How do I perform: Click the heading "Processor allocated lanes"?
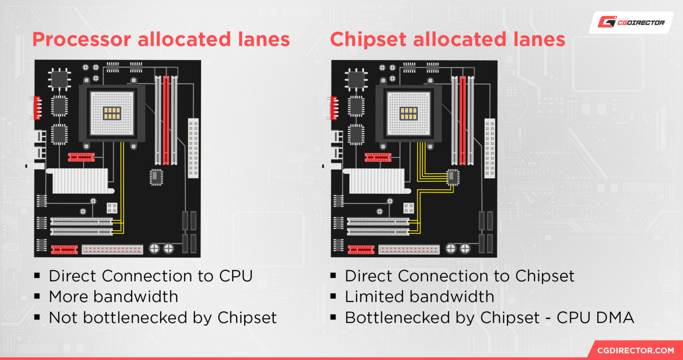161,40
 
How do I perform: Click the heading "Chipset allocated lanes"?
447,40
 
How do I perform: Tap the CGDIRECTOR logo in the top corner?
631,22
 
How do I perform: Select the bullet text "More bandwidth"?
113,297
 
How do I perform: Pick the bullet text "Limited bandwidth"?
419,297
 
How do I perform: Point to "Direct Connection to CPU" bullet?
151,276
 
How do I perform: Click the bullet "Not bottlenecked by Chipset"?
163,318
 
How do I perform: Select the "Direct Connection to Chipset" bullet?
460,276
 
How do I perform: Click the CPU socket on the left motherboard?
112,113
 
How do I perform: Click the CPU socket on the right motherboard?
409,113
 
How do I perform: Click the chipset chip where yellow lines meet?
453,177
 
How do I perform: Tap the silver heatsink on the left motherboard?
80,180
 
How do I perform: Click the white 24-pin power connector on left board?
193,148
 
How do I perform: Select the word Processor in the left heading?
82,40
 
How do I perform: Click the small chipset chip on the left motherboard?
156,177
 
